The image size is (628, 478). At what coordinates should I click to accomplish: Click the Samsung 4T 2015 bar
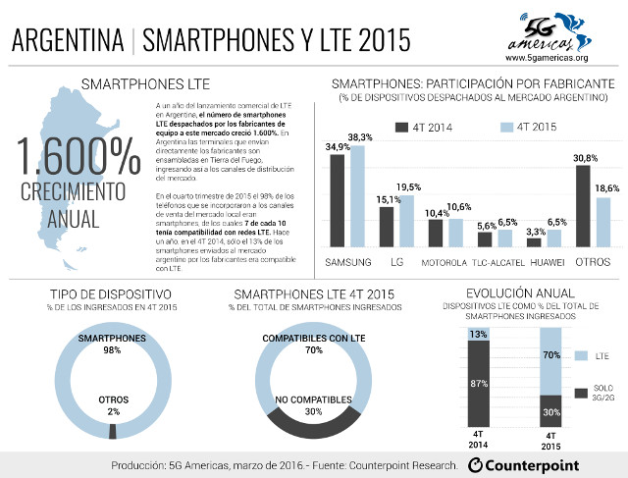[356, 195]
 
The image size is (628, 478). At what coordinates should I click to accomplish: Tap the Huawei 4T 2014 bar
[534, 241]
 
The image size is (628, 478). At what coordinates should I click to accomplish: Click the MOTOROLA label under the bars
[445, 262]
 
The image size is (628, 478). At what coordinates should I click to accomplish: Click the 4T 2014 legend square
[401, 128]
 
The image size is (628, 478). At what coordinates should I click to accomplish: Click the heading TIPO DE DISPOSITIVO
[111, 293]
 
